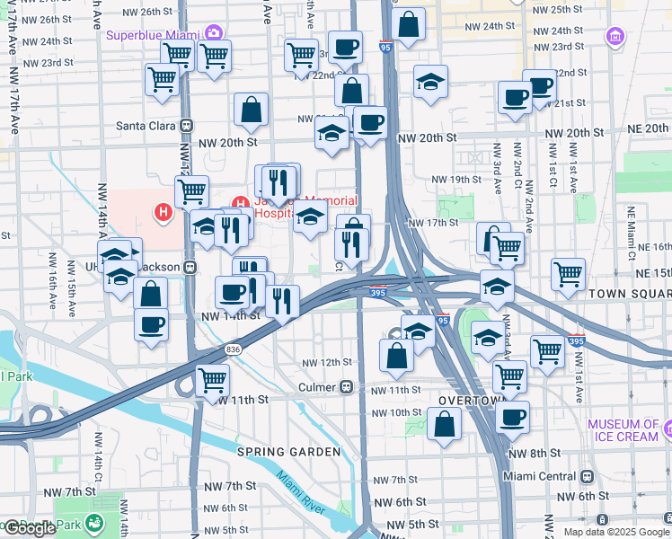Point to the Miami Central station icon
click(x=587, y=476)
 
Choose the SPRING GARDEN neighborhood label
click(x=276, y=451)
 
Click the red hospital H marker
click(x=164, y=213)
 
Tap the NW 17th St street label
click(x=433, y=223)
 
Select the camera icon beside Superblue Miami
click(x=214, y=34)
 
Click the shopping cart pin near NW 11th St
click(x=212, y=380)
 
